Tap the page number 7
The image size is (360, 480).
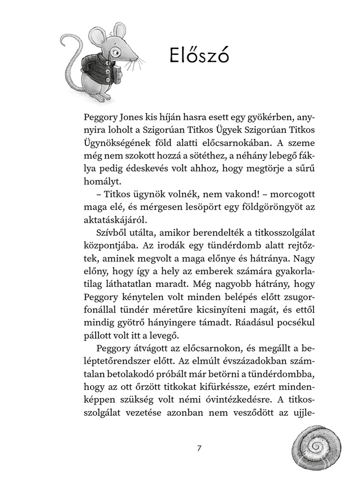tap(199, 448)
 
